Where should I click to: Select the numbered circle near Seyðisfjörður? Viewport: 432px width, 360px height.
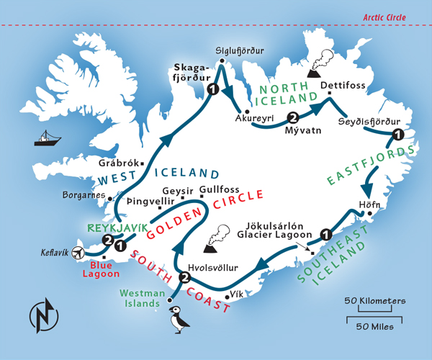click(x=397, y=135)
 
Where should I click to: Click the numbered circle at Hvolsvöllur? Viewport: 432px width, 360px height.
click(x=184, y=279)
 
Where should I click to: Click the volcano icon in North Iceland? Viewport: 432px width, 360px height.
click(x=319, y=64)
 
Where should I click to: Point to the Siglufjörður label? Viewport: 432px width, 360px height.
click(x=240, y=51)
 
